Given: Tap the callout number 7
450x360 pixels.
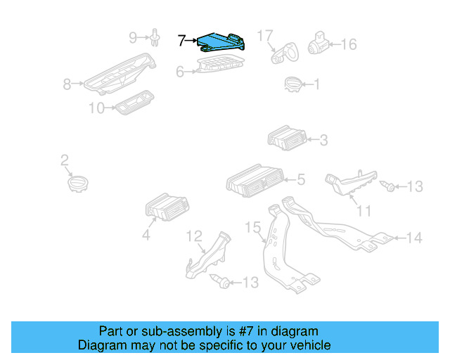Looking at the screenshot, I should (182, 41).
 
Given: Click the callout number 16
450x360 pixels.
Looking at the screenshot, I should (349, 44).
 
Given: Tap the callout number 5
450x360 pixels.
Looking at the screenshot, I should (300, 181).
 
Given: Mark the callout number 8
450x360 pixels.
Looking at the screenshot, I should (67, 84).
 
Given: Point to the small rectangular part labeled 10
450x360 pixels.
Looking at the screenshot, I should (134, 104).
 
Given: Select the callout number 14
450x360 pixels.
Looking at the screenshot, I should (414, 238).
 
